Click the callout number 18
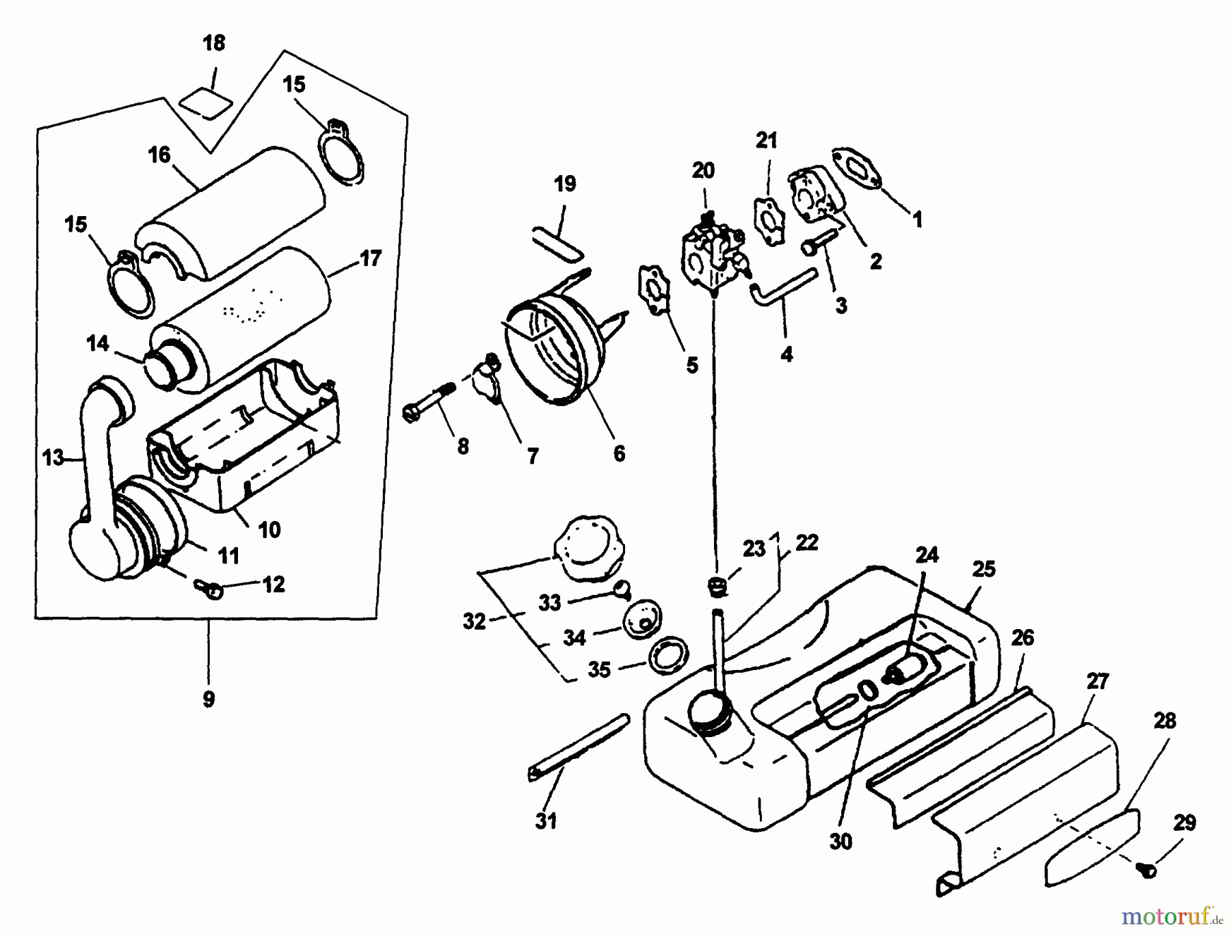[213, 43]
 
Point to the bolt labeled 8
[432, 403]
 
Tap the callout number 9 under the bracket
[209, 699]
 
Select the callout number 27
[1097, 682]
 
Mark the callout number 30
[840, 842]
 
